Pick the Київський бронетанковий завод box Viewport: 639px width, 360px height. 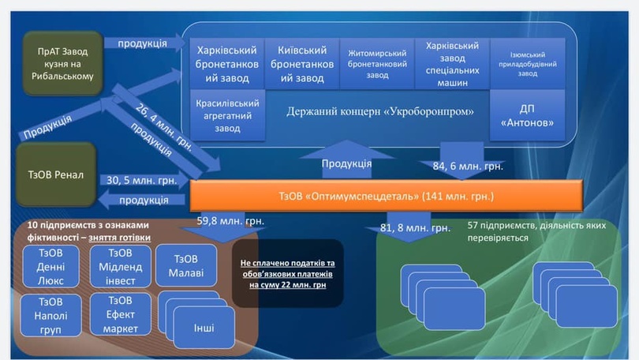[300, 63]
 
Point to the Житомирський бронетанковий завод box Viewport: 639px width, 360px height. [377, 64]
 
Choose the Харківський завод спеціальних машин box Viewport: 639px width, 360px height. [452, 64]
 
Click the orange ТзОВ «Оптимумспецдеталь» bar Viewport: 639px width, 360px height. [386, 194]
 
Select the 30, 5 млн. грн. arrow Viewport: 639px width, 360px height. [143, 180]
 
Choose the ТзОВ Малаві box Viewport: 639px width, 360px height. [185, 265]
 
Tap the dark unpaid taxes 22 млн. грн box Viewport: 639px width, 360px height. [287, 273]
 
